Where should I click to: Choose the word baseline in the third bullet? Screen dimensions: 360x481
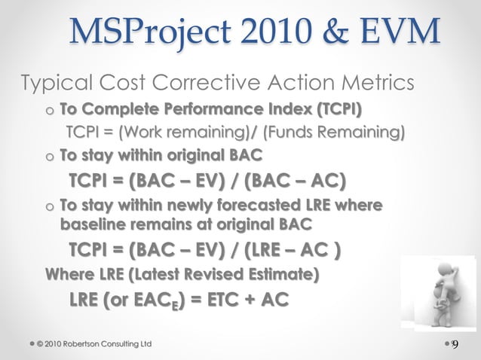pyautogui.click(x=90, y=224)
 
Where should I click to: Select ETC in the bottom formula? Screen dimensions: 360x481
pyautogui.click(x=226, y=299)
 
